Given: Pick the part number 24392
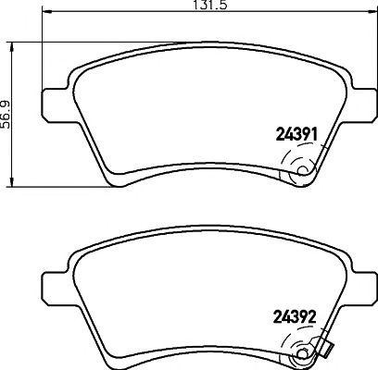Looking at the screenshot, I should coord(296,314).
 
